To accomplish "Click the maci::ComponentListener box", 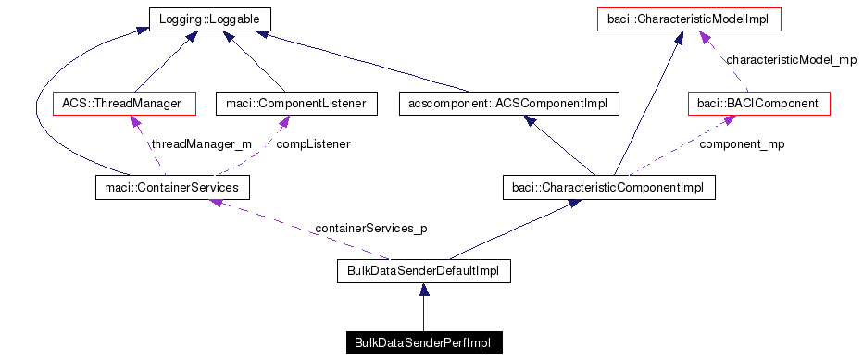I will (295, 104).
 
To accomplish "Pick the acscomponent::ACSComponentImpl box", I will (507, 104).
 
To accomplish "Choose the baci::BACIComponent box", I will (759, 104).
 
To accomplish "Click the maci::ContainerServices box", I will (173, 188).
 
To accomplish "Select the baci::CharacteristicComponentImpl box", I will (608, 188).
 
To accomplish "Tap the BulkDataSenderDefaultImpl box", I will (423, 270).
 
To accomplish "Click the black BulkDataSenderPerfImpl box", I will (423, 343).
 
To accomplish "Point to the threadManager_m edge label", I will (202, 144).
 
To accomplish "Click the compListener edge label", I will (314, 144).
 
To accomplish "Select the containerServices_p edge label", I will (371, 228).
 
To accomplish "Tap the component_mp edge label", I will (742, 144).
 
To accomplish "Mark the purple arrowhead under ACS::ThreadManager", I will (136, 121).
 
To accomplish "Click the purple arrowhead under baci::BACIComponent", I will (717, 121).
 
